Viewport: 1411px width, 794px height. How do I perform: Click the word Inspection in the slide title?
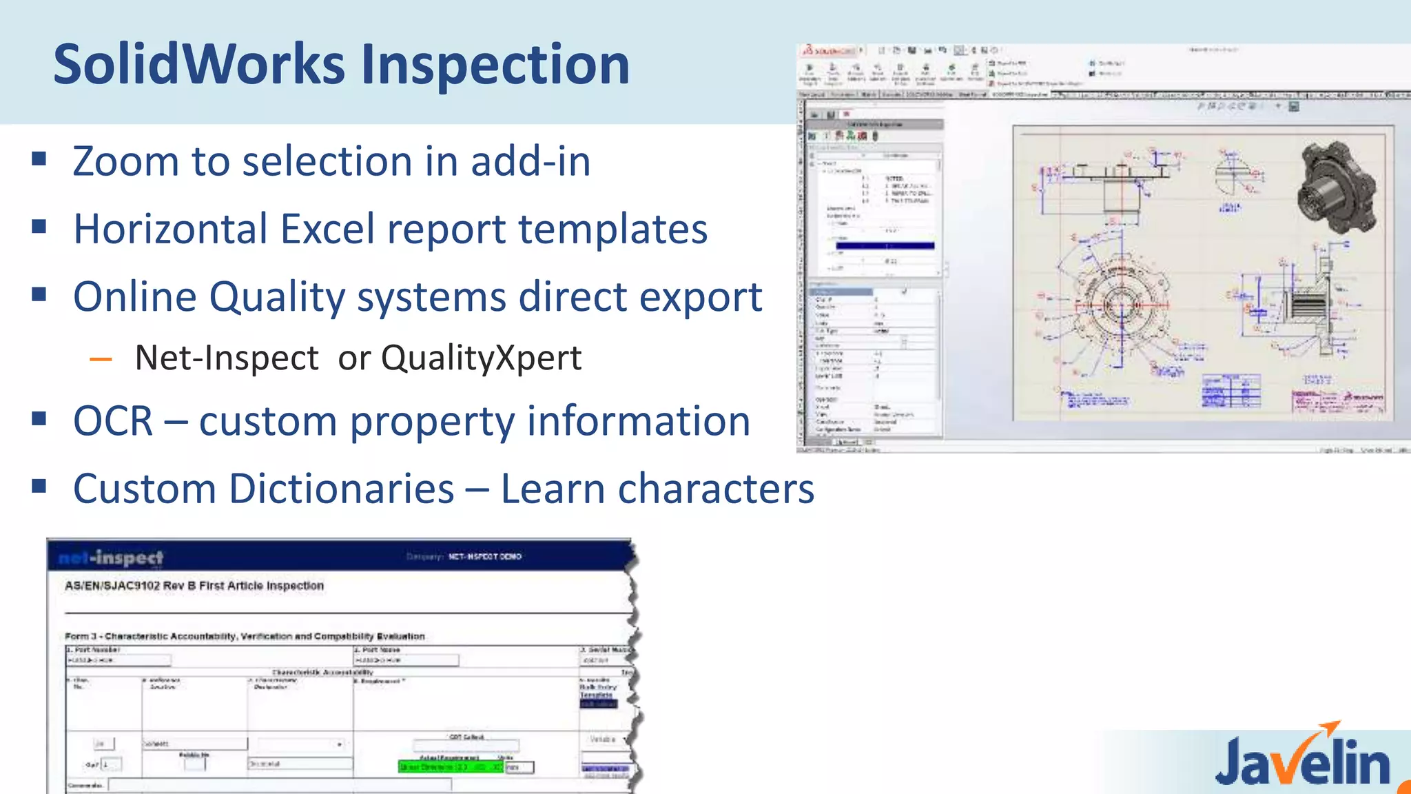(x=495, y=64)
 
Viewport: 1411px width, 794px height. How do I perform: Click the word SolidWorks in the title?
(x=199, y=64)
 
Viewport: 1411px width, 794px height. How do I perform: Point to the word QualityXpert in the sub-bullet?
(x=481, y=358)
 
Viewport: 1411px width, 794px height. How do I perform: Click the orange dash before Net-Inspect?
(x=101, y=359)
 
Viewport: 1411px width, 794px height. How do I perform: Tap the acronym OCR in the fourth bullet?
(x=113, y=421)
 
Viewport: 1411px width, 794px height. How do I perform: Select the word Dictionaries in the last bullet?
(x=341, y=489)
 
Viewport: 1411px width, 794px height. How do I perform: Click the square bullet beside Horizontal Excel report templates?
(x=39, y=226)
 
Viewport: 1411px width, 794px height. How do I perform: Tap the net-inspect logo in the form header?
(x=111, y=557)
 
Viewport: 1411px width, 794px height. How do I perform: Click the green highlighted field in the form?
(x=451, y=766)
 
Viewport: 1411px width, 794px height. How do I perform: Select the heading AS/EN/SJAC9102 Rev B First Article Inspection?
(x=194, y=586)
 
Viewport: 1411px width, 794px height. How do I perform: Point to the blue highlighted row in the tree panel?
(x=885, y=245)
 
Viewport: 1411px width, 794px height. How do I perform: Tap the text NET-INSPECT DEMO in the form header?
(x=485, y=556)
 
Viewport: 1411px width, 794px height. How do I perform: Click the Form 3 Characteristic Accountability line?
(x=245, y=636)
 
